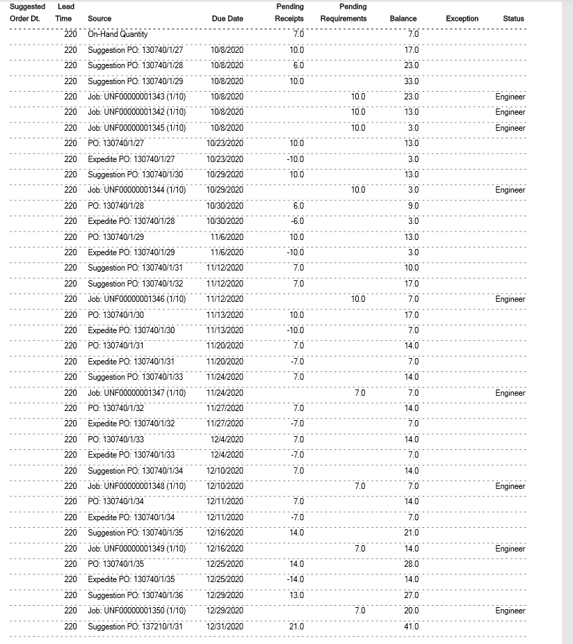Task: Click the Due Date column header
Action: pyautogui.click(x=227, y=19)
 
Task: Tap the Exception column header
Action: pyautogui.click(x=462, y=19)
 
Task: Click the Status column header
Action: pyautogui.click(x=513, y=19)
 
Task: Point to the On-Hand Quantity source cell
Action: pyautogui.click(x=118, y=34)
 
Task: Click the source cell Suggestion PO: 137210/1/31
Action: pyautogui.click(x=135, y=627)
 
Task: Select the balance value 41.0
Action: pyautogui.click(x=412, y=627)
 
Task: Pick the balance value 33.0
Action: pyautogui.click(x=412, y=81)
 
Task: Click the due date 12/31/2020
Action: pyautogui.click(x=225, y=627)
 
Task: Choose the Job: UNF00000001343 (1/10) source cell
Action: pyautogui.click(x=136, y=97)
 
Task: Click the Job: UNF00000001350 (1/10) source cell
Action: pyautogui.click(x=136, y=611)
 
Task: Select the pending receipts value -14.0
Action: pyautogui.click(x=296, y=579)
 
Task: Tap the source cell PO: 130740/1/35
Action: pyautogui.click(x=116, y=564)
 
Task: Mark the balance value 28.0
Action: pyautogui.click(x=412, y=564)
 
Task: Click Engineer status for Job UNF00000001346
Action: pyautogui.click(x=510, y=299)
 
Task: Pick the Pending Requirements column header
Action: pyautogui.click(x=344, y=13)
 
